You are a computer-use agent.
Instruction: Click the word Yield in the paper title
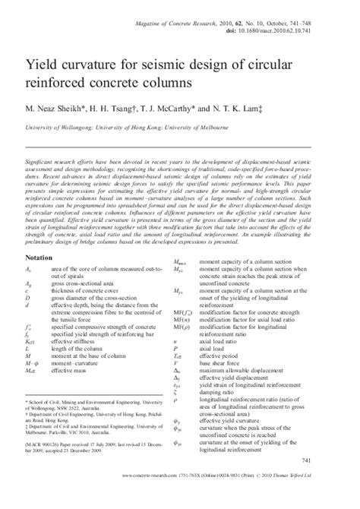[x=41, y=58]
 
